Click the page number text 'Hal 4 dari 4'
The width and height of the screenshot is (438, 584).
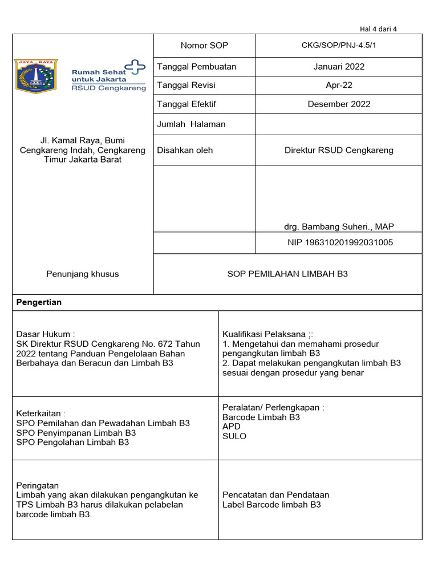378,29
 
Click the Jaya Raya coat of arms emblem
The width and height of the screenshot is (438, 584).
36,76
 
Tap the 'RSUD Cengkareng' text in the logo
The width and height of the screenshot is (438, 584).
108,88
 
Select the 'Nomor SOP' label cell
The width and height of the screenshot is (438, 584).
204,46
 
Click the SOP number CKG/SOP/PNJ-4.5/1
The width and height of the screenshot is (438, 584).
339,46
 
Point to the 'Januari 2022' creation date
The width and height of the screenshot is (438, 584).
339,67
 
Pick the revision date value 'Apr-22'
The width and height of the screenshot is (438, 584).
339,86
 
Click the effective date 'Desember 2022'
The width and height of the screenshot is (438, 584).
339,104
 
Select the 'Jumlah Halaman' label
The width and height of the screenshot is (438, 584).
191,124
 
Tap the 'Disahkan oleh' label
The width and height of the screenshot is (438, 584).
185,150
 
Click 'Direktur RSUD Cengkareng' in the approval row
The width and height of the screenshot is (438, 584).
339,151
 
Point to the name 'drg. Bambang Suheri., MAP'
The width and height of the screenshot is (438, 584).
339,227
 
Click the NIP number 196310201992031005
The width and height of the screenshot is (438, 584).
340,243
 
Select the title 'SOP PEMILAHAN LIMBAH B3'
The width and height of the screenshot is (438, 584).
287,274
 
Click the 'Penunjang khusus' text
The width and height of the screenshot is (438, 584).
83,274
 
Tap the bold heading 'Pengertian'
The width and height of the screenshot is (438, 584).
39,303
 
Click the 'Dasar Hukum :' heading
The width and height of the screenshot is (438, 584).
46,335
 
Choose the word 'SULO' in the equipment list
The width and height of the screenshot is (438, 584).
234,436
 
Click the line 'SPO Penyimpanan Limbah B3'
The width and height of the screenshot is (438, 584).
76,433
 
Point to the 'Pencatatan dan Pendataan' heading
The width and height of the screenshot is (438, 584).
275,495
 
